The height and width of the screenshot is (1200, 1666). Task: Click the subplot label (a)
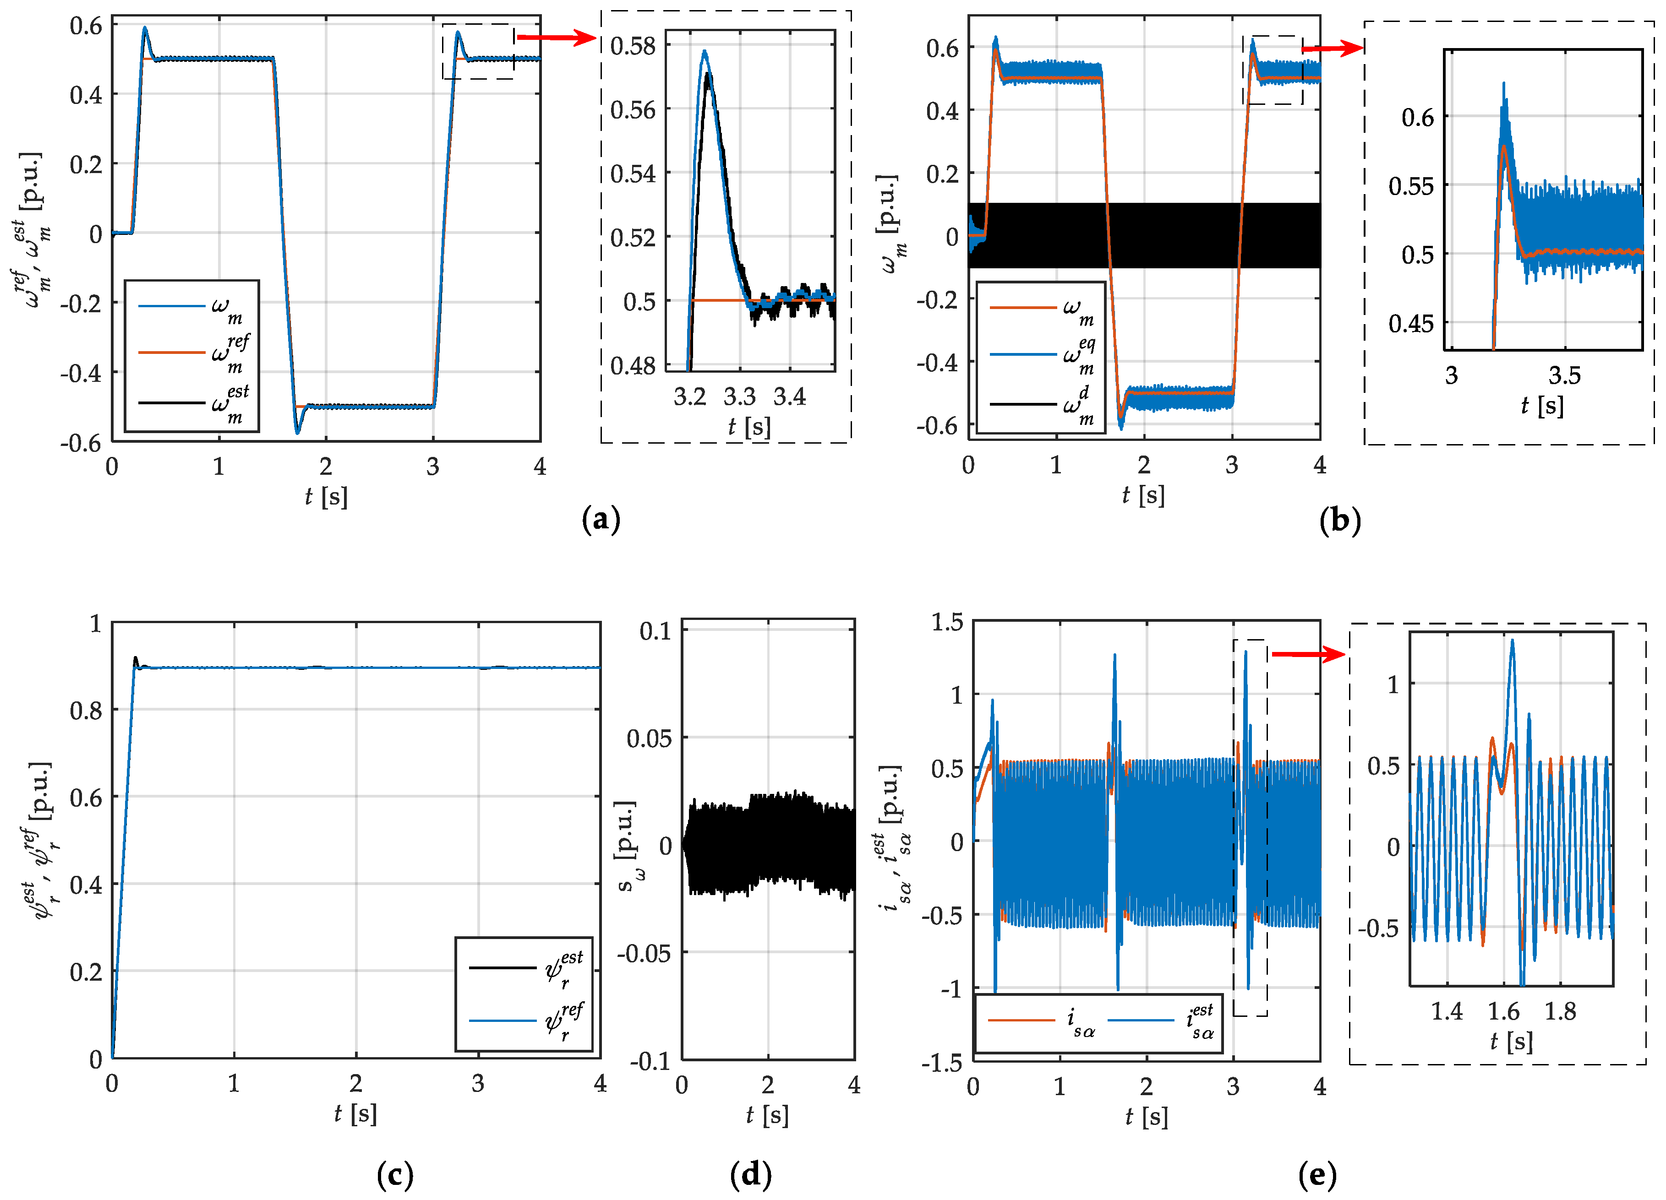point(601,520)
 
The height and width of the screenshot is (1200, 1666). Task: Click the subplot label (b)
point(1340,521)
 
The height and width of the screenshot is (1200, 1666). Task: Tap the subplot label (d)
point(751,1174)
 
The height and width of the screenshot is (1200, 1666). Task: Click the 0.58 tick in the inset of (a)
point(633,46)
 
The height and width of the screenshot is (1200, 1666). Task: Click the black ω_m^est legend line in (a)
point(171,402)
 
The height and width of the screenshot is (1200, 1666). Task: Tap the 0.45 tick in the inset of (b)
point(1410,323)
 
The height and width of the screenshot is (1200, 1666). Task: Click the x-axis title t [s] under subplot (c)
point(355,1113)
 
